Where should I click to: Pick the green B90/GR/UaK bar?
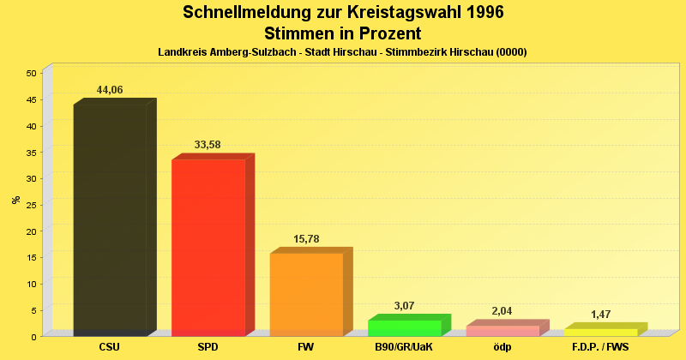pos(404,327)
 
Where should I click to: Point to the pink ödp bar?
pos(502,330)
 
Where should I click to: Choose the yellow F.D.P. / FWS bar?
pos(600,332)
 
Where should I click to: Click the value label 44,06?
pos(110,90)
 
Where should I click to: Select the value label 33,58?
pos(208,145)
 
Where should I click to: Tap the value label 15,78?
pos(306,238)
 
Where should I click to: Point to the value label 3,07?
pos(404,305)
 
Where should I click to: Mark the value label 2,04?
pos(502,311)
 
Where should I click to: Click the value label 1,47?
pos(600,315)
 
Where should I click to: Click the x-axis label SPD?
pos(208,347)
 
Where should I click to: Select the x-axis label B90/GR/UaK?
pos(404,347)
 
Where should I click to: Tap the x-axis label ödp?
pos(502,347)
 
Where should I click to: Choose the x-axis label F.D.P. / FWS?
pos(600,347)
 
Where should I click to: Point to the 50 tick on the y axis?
pos(31,73)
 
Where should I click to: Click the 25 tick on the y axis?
pos(31,205)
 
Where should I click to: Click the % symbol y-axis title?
pos(15,200)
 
